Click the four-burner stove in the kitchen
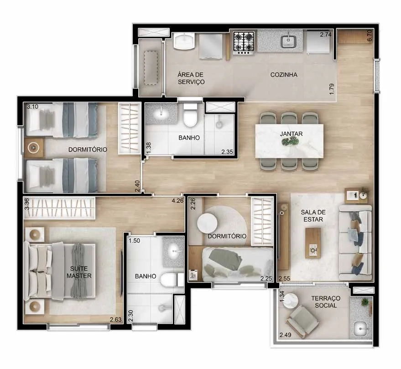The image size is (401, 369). pyautogui.click(x=244, y=43)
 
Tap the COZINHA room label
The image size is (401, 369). pyautogui.click(x=284, y=75)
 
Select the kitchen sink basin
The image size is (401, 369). pyautogui.click(x=289, y=41)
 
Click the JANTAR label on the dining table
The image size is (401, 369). pyautogui.click(x=291, y=133)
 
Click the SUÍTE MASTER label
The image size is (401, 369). pyautogui.click(x=79, y=272)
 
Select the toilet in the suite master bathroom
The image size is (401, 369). pyautogui.click(x=172, y=280)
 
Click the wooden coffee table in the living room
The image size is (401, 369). pyautogui.click(x=313, y=243)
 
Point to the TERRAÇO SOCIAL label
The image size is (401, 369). pyautogui.click(x=326, y=302)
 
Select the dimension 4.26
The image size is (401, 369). pyautogui.click(x=177, y=201)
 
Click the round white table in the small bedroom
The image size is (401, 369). pyautogui.click(x=207, y=223)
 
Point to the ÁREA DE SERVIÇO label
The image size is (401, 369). pyautogui.click(x=191, y=78)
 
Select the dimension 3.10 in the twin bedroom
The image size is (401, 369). pyautogui.click(x=32, y=107)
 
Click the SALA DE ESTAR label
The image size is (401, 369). pyautogui.click(x=313, y=216)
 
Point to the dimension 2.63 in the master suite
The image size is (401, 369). pyautogui.click(x=116, y=319)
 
